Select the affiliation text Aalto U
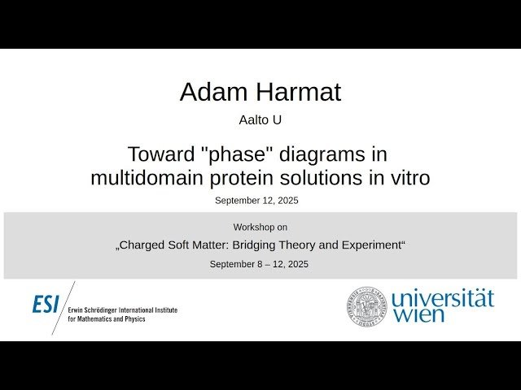[x=260, y=120]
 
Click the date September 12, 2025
[x=260, y=200]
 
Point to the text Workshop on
[x=260, y=227]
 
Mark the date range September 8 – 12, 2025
[x=260, y=264]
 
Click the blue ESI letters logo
[x=46, y=305]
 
